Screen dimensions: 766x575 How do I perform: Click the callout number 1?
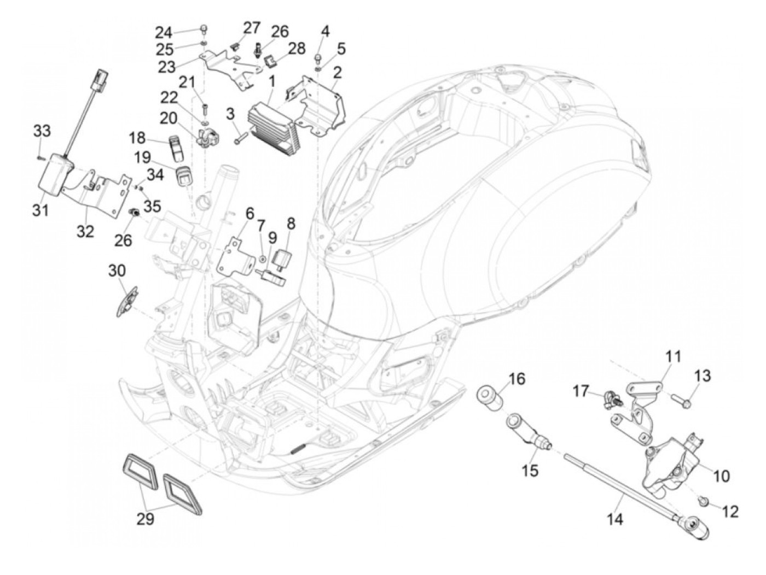click(271, 83)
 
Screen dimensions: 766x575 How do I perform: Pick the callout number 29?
click(145, 529)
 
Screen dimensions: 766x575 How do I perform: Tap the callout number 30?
click(117, 271)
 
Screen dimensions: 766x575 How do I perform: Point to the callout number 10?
click(721, 476)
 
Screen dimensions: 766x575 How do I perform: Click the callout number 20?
click(169, 119)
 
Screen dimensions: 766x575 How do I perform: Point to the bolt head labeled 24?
click(204, 28)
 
